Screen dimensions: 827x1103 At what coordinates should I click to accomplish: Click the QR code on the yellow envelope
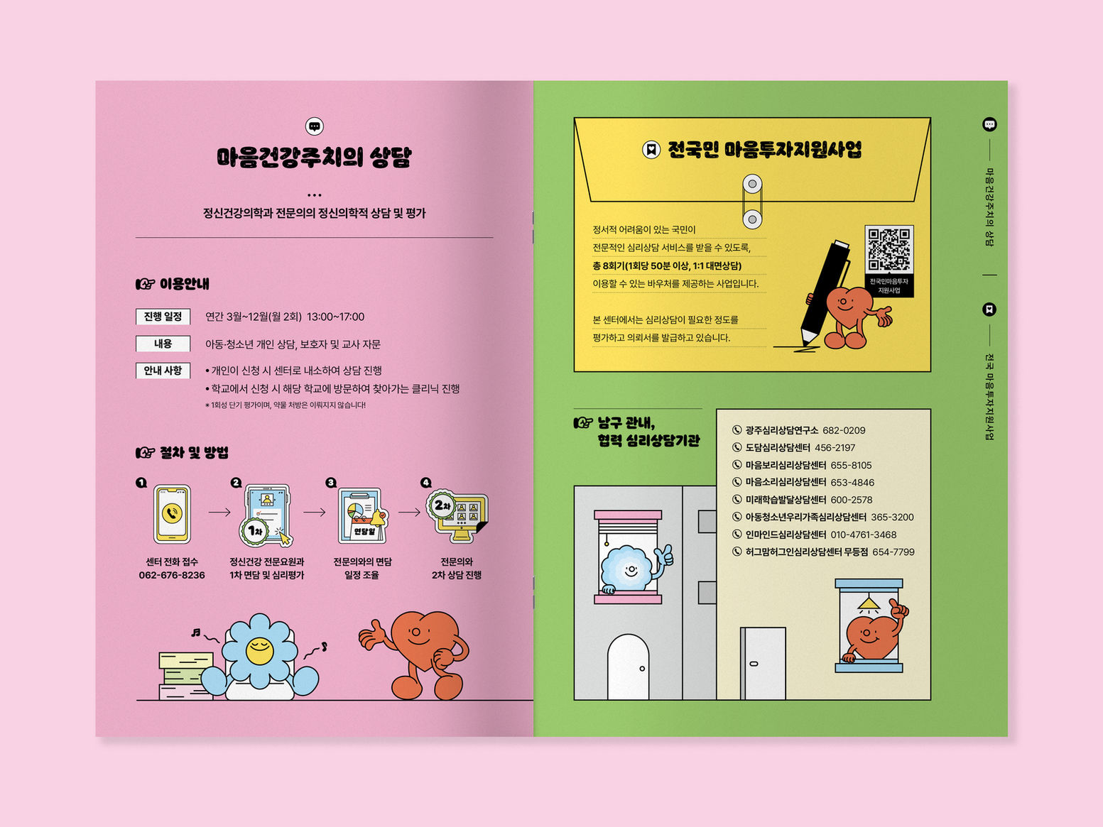(889, 249)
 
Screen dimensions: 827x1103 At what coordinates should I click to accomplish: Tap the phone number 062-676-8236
(172, 575)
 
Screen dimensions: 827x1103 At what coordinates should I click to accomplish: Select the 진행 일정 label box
(163, 317)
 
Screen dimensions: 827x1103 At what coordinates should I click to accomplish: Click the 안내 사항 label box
(163, 371)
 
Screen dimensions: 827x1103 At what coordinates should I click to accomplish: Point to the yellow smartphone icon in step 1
(172, 514)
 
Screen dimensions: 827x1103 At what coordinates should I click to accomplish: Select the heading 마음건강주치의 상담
(314, 158)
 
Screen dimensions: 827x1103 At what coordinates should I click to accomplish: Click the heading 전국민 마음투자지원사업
(764, 150)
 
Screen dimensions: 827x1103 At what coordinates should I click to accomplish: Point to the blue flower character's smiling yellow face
(259, 650)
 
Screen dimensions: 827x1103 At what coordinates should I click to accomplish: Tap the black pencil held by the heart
(823, 292)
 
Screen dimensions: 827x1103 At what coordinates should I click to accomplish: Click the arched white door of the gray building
(628, 667)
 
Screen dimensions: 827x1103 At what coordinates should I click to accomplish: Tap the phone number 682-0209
(844, 430)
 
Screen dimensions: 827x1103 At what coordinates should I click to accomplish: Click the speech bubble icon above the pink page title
(314, 126)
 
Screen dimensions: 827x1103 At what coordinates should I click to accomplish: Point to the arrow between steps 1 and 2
(219, 512)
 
